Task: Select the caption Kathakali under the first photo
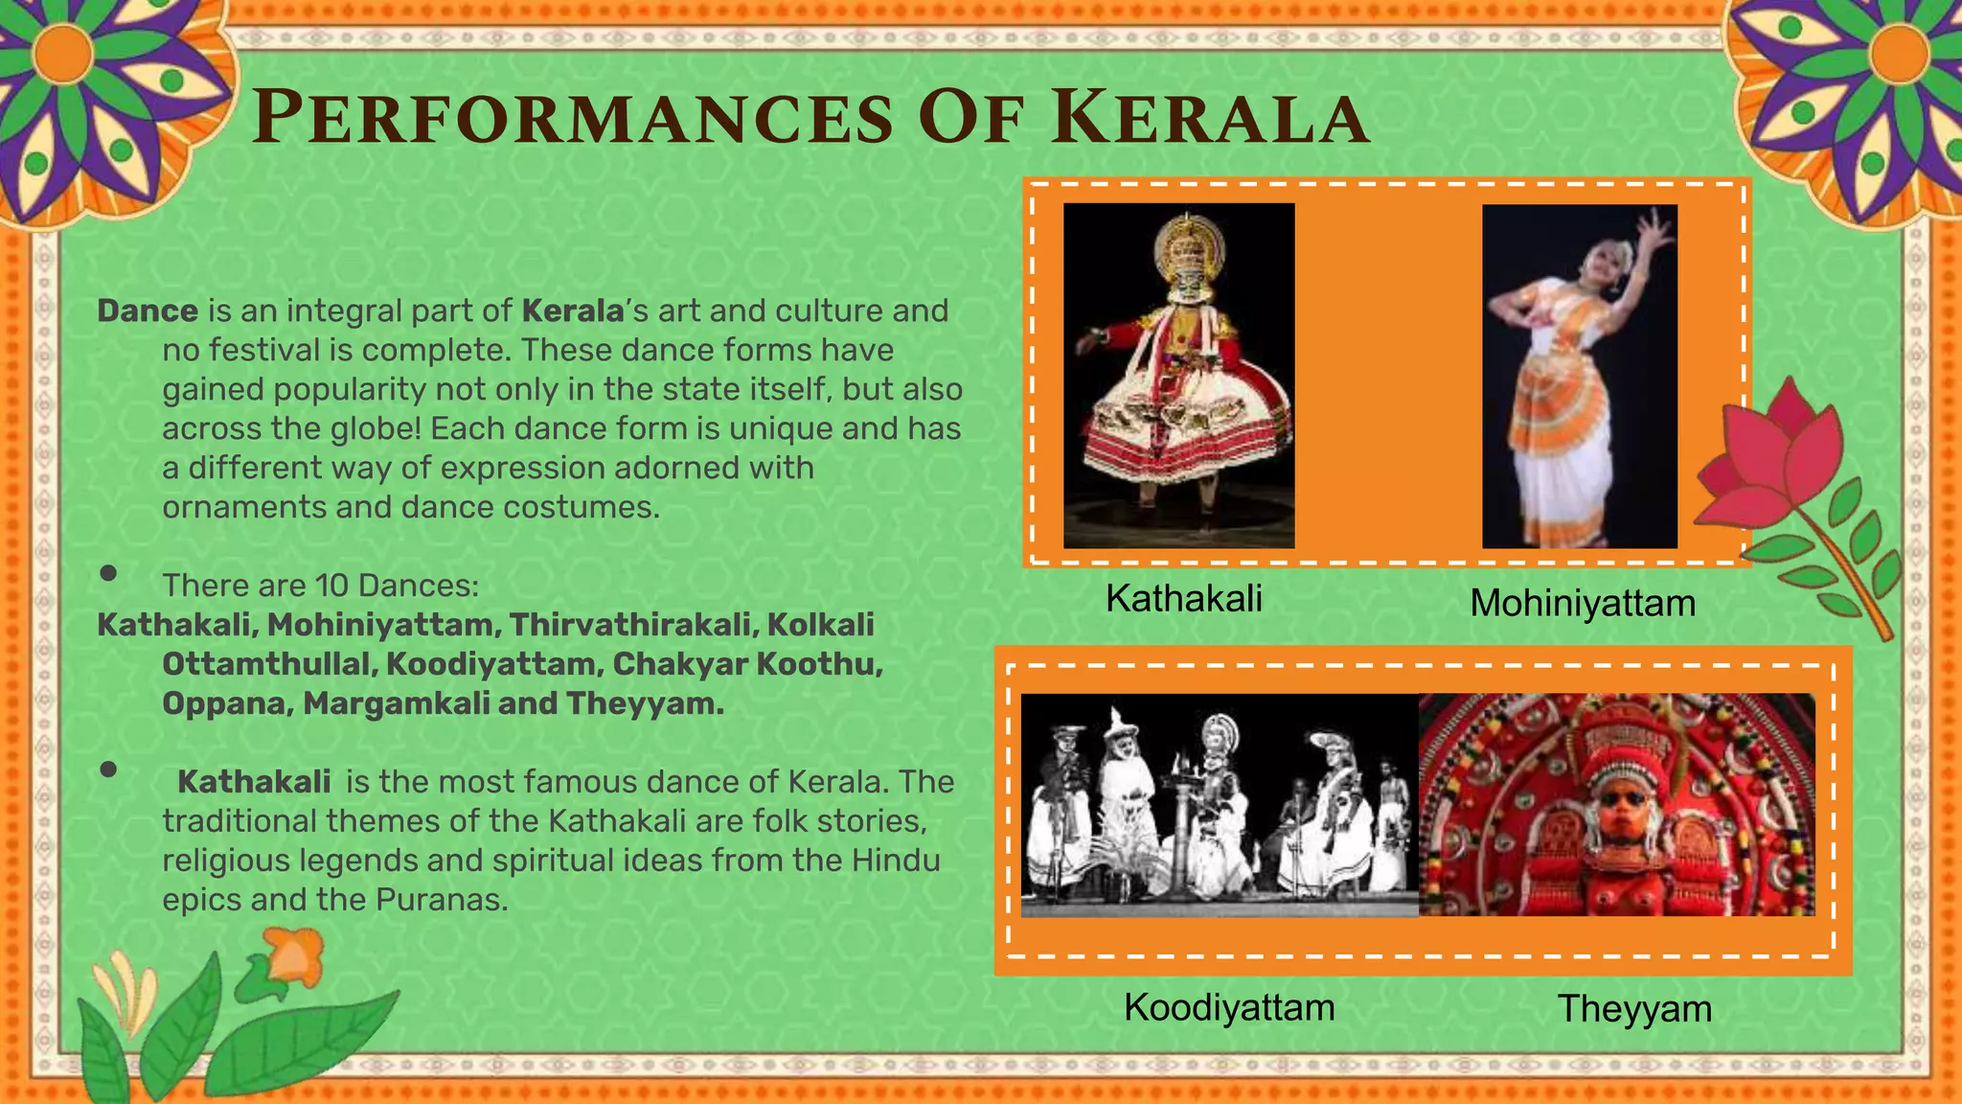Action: (1183, 599)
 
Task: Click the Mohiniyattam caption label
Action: (1583, 604)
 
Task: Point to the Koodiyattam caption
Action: (1229, 1007)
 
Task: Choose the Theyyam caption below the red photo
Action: (1634, 1009)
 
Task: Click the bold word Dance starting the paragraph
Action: (148, 310)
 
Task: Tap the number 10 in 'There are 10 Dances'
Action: (331, 585)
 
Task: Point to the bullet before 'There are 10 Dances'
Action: (108, 573)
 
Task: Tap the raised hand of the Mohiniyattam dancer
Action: (1651, 230)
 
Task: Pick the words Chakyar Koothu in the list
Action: (747, 664)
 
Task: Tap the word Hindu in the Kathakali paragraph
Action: (896, 861)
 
